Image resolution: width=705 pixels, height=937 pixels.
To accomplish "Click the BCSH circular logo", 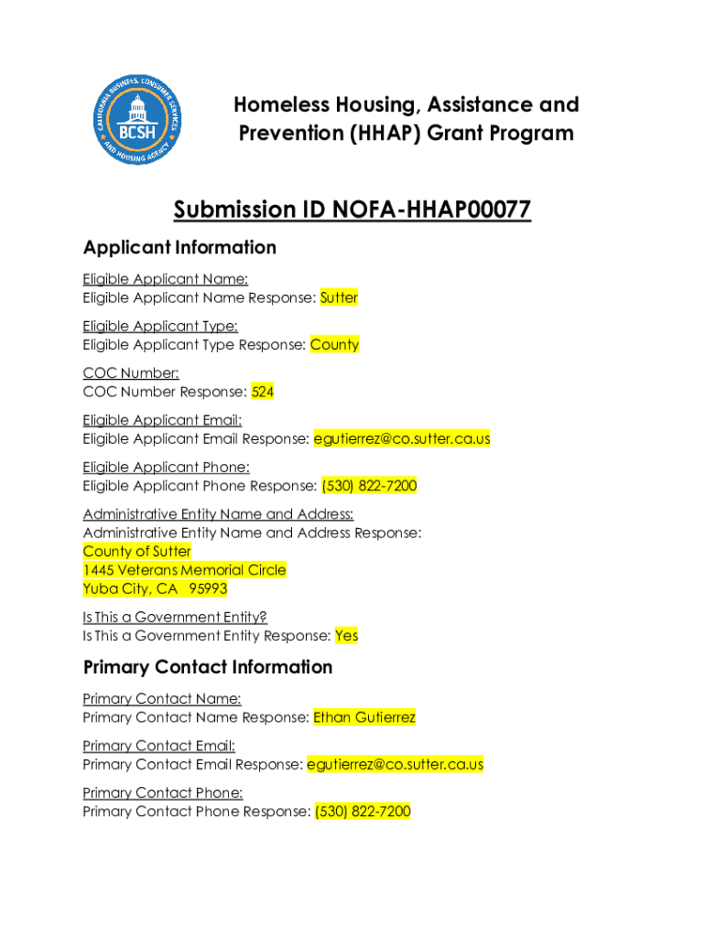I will (138, 119).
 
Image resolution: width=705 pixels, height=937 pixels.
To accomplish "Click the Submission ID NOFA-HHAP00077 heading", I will (352, 210).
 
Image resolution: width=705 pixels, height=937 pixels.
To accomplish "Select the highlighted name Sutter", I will (339, 297).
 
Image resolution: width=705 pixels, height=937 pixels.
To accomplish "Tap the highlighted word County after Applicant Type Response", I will (334, 345).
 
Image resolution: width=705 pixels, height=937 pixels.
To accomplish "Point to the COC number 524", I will (263, 392).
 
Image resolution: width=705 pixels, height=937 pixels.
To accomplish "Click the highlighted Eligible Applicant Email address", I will (402, 438).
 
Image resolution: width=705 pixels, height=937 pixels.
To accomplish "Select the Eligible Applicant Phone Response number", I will (369, 486).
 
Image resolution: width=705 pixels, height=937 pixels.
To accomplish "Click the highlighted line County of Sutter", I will (137, 551).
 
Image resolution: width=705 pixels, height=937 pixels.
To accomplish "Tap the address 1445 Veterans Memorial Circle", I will (184, 570).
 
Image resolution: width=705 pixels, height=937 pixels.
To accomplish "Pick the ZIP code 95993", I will (208, 588).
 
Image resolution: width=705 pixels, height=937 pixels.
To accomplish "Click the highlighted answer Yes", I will (346, 635).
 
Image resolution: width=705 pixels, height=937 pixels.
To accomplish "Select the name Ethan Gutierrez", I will (364, 717).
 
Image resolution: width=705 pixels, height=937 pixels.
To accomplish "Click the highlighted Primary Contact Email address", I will (396, 764).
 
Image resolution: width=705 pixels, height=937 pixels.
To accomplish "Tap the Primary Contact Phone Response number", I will (363, 812).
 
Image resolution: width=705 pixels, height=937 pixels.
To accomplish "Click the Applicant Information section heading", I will (179, 248).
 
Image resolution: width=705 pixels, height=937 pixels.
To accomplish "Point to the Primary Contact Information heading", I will (208, 667).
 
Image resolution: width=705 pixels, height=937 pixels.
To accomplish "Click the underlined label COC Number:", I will (131, 372).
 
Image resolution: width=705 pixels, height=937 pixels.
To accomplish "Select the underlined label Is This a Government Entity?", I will (175, 617).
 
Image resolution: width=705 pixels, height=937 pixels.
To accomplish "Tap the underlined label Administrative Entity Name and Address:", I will (218, 514).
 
